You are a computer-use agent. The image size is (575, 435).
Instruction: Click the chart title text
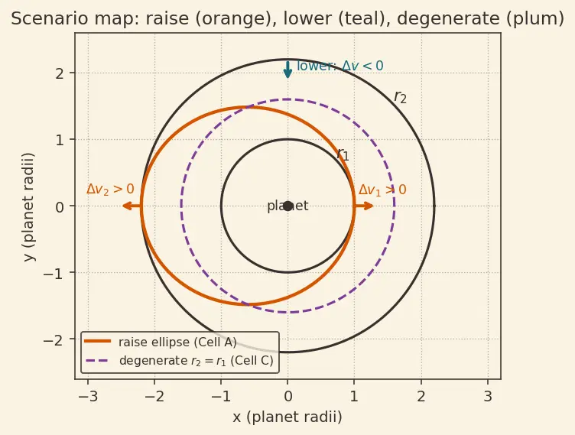[287, 18]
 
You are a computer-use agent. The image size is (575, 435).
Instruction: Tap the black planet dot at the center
[287, 206]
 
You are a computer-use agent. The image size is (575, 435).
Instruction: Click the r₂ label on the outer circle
[400, 97]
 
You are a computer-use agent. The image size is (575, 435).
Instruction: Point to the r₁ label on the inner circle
[343, 154]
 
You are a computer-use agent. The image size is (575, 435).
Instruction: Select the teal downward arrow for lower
[287, 70]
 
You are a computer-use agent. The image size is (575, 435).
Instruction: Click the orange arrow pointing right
[364, 206]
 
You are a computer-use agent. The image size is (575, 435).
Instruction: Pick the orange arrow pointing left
[132, 206]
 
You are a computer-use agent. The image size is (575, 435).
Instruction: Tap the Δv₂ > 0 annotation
[110, 190]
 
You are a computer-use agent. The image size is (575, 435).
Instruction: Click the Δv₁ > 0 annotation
[382, 190]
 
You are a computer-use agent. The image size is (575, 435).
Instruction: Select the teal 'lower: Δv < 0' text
[340, 66]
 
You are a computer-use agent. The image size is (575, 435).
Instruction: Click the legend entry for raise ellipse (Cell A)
[161, 342]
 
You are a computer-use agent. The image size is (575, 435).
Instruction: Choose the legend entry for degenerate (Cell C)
[180, 361]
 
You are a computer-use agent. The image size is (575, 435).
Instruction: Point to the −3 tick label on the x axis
[88, 397]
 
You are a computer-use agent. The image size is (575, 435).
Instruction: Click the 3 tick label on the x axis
[488, 397]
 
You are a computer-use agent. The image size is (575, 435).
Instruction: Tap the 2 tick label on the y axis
[60, 74]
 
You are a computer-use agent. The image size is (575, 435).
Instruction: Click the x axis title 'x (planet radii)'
[287, 417]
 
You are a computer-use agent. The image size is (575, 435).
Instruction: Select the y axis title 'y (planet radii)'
[29, 207]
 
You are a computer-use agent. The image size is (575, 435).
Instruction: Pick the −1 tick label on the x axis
[221, 397]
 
